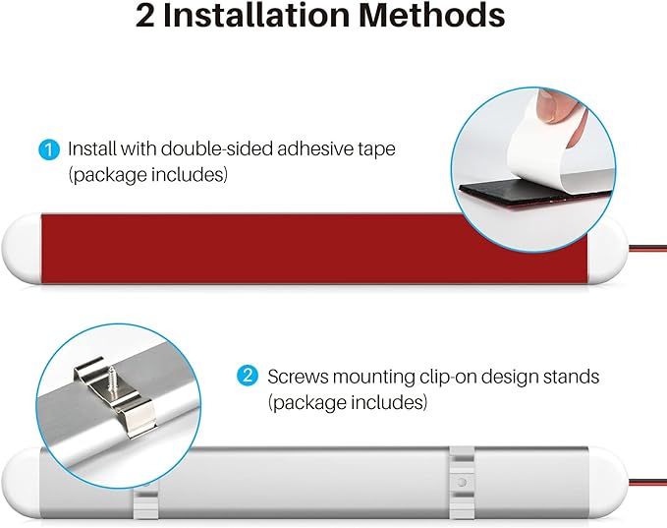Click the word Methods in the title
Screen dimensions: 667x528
(x=432, y=16)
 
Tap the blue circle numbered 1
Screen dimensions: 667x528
(x=49, y=149)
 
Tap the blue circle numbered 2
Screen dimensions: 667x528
(x=248, y=376)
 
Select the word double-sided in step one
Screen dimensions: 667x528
(x=219, y=149)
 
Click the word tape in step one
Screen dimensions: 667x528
(x=375, y=150)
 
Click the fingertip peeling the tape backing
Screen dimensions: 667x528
(x=554, y=106)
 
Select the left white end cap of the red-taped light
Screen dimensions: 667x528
(x=22, y=249)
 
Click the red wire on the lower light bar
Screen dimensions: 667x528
(x=648, y=483)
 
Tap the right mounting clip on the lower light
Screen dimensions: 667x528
(x=462, y=484)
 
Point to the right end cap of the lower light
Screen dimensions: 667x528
(x=608, y=483)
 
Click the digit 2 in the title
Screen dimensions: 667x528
(x=145, y=17)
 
